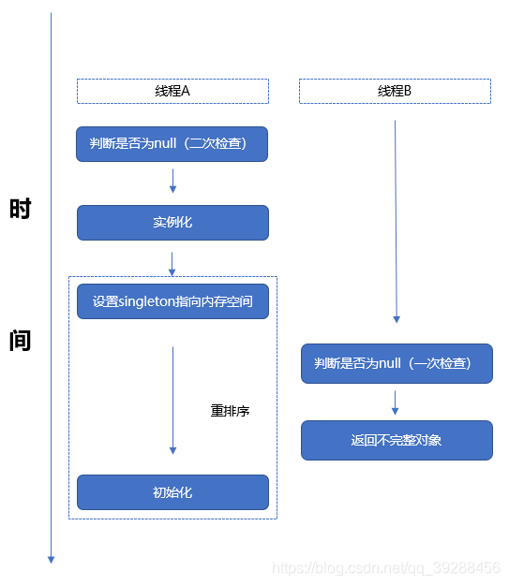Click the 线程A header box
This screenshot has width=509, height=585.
click(172, 91)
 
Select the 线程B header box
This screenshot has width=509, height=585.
click(395, 91)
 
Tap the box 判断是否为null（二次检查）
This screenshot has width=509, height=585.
click(172, 144)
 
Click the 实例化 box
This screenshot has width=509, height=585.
click(172, 223)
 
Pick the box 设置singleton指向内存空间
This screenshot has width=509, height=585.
click(172, 301)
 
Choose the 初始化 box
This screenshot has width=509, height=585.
click(172, 492)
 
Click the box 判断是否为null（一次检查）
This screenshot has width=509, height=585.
click(397, 363)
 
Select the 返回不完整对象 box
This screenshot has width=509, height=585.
click(397, 440)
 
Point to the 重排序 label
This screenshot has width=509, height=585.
click(230, 411)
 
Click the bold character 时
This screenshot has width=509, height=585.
click(21, 209)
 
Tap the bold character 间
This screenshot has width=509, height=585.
click(21, 341)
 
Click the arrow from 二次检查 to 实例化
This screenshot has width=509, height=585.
click(172, 182)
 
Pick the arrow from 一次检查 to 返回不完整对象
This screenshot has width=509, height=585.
click(396, 402)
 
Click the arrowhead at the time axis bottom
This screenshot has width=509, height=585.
click(52, 559)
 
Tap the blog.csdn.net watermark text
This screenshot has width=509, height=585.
click(385, 568)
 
